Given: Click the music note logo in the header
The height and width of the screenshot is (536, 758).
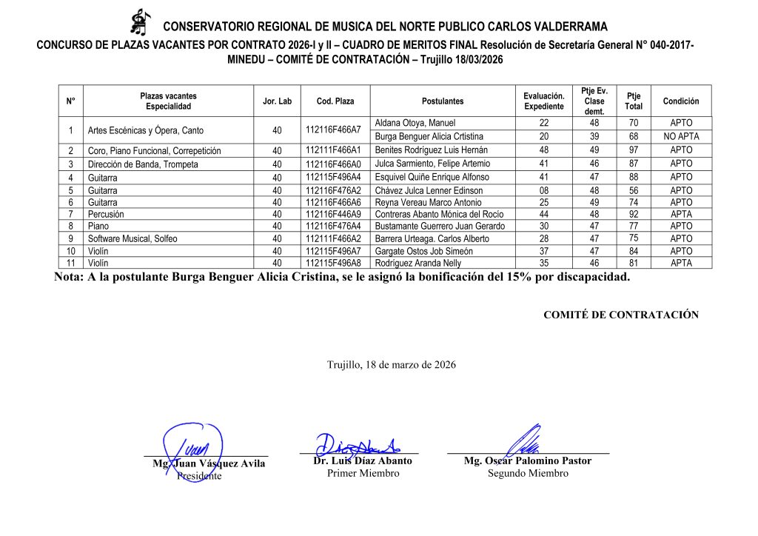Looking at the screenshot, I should pos(138,21).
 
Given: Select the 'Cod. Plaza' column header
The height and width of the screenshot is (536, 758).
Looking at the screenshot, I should pos(335,101).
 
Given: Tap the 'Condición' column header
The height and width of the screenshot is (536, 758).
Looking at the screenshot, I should pos(680,101).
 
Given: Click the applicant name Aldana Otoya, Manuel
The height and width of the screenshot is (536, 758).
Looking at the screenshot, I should pos(415,123).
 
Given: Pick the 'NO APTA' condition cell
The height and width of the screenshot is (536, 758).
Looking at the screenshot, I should pos(680,136).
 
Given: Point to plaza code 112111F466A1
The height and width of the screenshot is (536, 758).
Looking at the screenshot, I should pos(333,150).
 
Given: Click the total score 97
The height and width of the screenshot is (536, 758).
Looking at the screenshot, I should pos(633,150).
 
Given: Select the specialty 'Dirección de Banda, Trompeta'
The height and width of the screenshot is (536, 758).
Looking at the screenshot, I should pos(143,164).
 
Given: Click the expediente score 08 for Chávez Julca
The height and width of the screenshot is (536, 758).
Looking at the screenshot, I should pos(543,191).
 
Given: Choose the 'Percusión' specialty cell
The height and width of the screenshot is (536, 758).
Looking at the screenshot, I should pos(107,214).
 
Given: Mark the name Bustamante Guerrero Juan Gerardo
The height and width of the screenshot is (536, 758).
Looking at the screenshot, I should pos(440,227).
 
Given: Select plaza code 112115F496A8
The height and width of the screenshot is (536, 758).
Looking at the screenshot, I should pos(333,263).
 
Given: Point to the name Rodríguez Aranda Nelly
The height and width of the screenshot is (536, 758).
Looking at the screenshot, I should pos(418,263).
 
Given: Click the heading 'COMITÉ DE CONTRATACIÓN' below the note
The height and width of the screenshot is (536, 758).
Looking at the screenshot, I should pos(620,315).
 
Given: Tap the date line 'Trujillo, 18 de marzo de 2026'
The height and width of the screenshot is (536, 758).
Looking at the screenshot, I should pos(391,365).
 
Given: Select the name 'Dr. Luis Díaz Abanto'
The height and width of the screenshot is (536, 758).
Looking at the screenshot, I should pos(363,460).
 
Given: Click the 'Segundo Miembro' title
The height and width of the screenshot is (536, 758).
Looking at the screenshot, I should pos(527,474).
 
